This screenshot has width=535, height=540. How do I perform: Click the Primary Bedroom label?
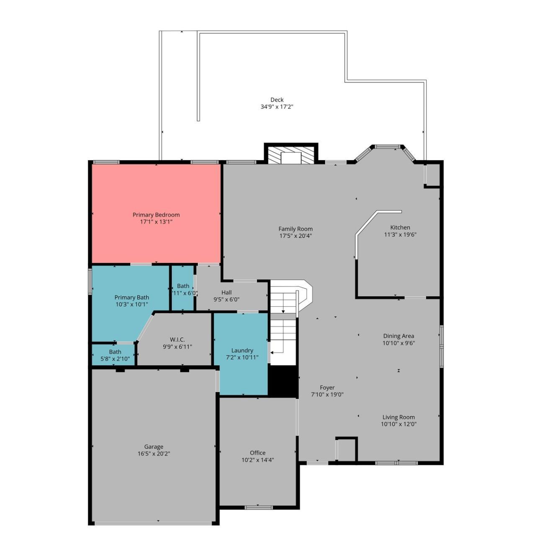[x=156, y=215]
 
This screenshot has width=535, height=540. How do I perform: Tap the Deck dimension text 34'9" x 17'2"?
[x=277, y=107]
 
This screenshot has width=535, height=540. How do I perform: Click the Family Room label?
[x=296, y=229]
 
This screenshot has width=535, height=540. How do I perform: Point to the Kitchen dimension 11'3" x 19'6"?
[x=400, y=234]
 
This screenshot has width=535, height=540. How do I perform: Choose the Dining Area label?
[x=398, y=336]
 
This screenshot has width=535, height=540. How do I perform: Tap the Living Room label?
[x=398, y=417]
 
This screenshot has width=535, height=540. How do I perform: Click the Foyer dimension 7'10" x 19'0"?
[x=327, y=395]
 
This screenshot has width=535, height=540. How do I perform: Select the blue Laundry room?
[x=242, y=368]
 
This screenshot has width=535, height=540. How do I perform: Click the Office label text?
[x=257, y=453]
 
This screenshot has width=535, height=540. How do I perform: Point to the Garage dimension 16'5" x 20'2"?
[x=154, y=453]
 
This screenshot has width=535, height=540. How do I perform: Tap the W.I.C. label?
[x=177, y=339]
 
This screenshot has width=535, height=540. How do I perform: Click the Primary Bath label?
[x=131, y=297]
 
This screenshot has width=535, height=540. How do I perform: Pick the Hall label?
[x=226, y=292]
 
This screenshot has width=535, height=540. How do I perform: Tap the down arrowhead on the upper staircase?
[x=283, y=311]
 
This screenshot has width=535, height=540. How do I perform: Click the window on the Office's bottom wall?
[x=258, y=508]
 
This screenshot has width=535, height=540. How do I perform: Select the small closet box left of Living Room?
[x=346, y=450]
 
